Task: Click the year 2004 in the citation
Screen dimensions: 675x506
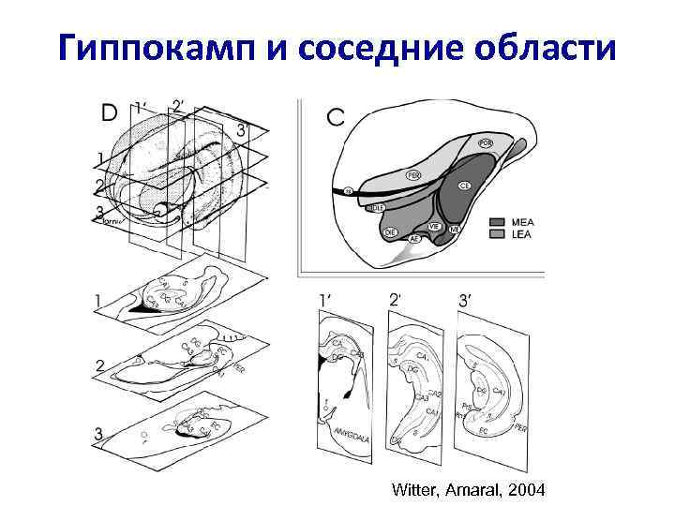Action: coord(522,489)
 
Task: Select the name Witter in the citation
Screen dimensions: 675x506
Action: coord(415,489)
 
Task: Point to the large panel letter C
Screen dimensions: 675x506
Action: coord(336,117)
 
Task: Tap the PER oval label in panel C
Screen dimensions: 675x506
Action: coord(413,174)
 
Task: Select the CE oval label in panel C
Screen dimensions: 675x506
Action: coord(464,186)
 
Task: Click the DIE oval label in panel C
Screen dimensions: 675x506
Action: coord(391,231)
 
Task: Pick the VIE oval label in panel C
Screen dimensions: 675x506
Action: coord(434,226)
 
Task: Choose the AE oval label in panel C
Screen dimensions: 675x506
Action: coord(415,239)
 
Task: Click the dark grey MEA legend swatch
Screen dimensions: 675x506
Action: coord(498,222)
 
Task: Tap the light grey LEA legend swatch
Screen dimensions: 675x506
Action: coord(498,234)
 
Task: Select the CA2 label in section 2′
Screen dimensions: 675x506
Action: coord(433,394)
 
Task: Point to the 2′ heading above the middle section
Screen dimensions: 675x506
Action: coord(395,300)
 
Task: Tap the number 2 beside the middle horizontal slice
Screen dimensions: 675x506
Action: coord(98,365)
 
